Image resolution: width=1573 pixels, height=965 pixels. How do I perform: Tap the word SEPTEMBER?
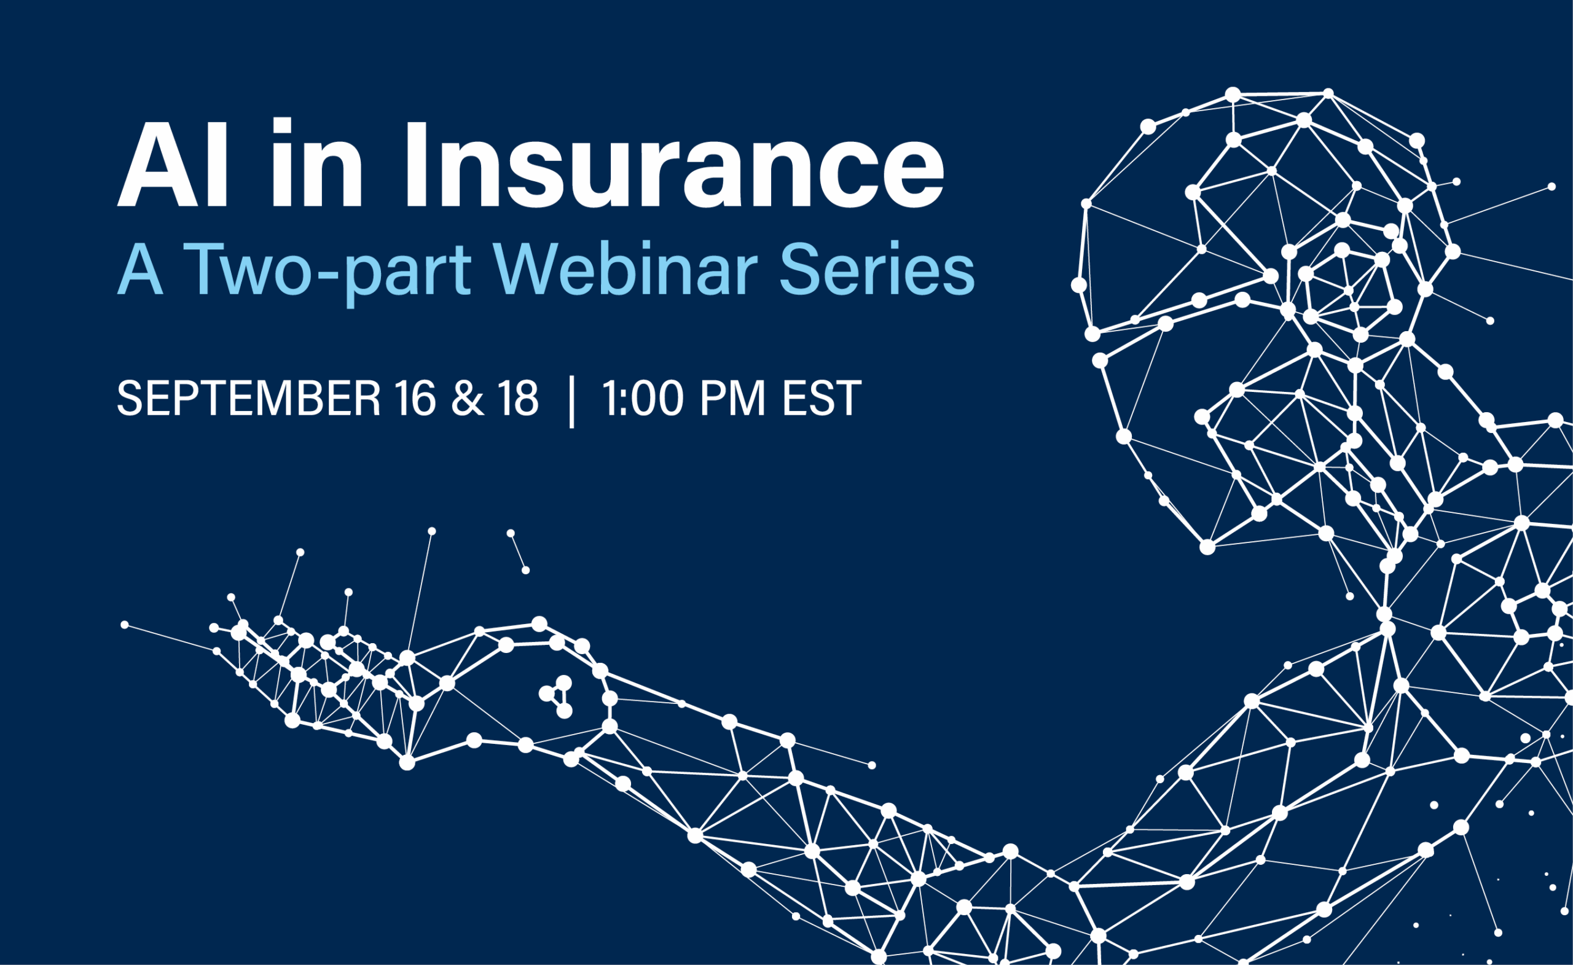coord(248,398)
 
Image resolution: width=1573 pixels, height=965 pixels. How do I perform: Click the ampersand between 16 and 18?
coord(468,398)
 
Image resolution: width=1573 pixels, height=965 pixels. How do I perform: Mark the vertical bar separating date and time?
coord(571,402)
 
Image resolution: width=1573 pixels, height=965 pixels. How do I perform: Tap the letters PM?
coord(732,398)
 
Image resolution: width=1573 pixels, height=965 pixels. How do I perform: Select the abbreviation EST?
coord(822,398)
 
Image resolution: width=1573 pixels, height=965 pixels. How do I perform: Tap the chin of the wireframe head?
coord(1207,547)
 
